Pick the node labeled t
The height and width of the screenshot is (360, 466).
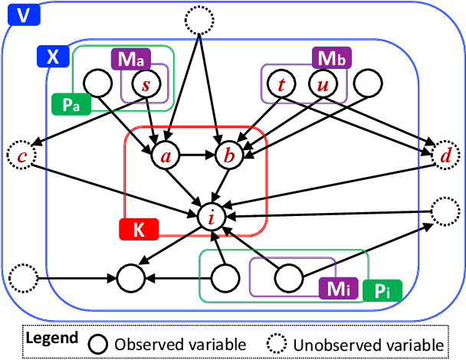point(283,84)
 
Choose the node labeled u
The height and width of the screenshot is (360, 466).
point(323,84)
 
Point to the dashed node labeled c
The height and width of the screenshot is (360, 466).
point(21,156)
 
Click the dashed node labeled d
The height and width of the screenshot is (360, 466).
point(444,156)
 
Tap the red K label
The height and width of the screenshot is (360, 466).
point(138,227)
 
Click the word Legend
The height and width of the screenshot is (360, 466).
point(51,338)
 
